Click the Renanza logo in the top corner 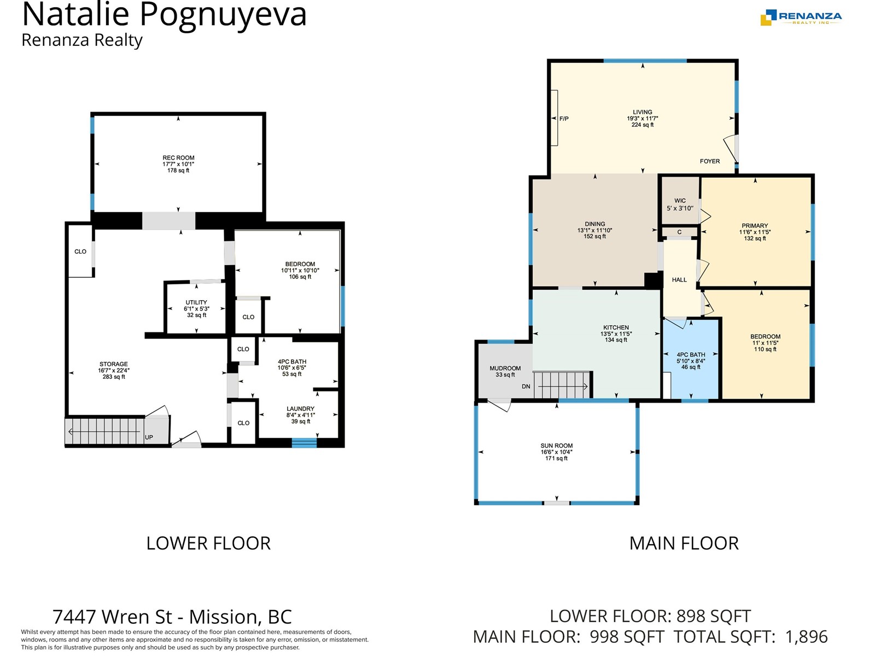coord(801,17)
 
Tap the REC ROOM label coord(178,158)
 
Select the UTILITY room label coord(196,302)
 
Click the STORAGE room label coord(114,364)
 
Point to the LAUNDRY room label coord(301,409)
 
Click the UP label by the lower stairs coord(149,437)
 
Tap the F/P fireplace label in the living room coord(564,119)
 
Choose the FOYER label coord(709,161)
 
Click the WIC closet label coord(680,201)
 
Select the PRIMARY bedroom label coord(755,225)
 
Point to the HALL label coord(679,280)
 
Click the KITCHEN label coord(616,327)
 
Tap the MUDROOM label coord(505,368)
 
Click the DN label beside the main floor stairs coord(526,386)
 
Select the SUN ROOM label coord(557,446)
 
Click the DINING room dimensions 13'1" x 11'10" coord(595,230)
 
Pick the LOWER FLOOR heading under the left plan coord(208,543)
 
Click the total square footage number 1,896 coord(806,637)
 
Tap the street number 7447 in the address coord(74,617)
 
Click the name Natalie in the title coord(75,14)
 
